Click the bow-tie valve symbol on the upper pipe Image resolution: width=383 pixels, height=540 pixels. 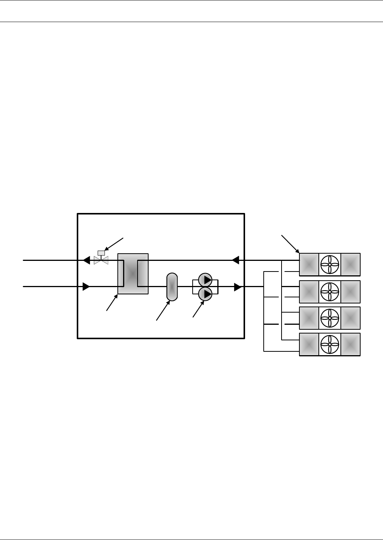point(101,260)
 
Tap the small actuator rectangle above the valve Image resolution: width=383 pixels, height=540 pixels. point(101,253)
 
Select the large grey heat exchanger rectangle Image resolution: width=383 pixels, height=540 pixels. point(133,273)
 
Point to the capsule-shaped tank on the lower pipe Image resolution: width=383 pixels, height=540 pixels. point(172,287)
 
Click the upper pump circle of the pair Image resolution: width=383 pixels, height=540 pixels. point(205,280)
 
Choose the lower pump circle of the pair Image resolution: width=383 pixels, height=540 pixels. point(205,294)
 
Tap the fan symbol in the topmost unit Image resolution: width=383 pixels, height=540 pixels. point(330,264)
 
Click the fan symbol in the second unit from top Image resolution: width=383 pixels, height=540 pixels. point(330,291)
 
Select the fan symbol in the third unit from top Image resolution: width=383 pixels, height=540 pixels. point(330,318)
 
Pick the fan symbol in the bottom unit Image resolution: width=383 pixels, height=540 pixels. point(330,345)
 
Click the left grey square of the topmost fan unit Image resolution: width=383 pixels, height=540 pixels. point(309,264)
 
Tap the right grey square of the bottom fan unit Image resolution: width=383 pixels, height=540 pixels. point(350,345)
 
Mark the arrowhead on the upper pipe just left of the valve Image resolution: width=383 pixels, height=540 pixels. point(87,260)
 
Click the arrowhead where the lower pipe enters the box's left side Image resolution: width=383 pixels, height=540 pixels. point(86,286)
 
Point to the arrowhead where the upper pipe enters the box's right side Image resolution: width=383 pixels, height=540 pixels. point(235,260)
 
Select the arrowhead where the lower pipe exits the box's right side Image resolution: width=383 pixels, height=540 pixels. point(238,287)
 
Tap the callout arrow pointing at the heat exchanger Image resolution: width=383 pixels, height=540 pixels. point(112,303)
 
